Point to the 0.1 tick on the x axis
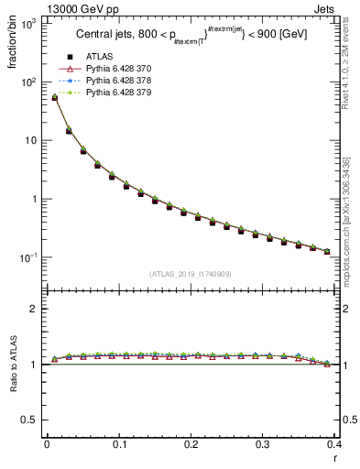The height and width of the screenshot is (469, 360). tap(118, 443)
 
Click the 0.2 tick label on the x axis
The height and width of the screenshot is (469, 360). tap(191, 443)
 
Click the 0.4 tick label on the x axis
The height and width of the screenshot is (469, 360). tap(334, 443)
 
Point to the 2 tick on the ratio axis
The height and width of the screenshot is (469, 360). tap(37, 309)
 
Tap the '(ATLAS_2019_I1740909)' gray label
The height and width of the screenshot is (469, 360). tap(191, 274)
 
